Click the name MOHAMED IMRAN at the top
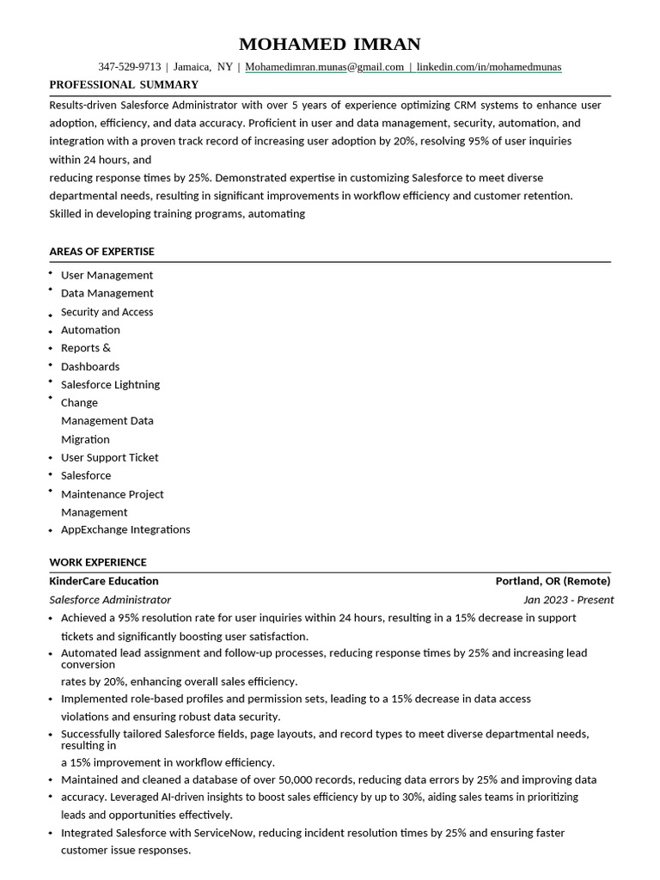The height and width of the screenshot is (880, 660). pos(329,44)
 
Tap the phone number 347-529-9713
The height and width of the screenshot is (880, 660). pos(129,66)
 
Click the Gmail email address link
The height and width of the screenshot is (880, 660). pos(324,66)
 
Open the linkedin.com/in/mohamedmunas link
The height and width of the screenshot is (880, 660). pos(489,66)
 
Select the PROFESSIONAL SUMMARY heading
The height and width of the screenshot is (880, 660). pos(124,84)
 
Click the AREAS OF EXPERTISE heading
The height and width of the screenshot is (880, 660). pos(101,251)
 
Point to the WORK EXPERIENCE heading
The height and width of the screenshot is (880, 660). pos(98,562)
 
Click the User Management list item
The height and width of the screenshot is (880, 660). pos(107,275)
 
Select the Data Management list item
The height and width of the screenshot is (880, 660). pos(107,293)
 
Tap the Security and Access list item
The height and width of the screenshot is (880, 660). pos(107,312)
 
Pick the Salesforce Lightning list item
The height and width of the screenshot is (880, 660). pos(110,384)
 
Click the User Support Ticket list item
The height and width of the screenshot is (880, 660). pos(109,457)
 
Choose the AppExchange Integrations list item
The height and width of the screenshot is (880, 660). pos(125,529)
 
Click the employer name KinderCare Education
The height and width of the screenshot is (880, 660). pos(104,581)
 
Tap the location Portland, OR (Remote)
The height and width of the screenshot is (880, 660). pos(553,581)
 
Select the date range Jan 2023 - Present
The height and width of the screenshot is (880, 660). pos(568,600)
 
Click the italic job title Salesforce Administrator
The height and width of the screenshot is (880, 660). pos(110,600)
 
